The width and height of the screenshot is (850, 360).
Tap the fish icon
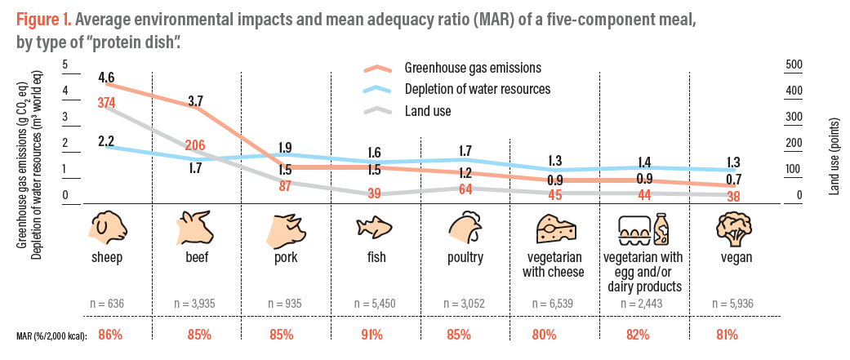(372, 229)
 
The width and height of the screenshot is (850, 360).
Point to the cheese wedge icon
(556, 229)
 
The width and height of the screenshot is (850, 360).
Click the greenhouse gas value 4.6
(105, 78)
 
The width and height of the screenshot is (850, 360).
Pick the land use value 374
(106, 103)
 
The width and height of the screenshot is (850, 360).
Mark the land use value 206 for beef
(194, 144)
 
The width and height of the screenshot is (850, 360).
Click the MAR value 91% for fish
(372, 335)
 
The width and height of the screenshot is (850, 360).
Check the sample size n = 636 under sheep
(106, 303)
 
